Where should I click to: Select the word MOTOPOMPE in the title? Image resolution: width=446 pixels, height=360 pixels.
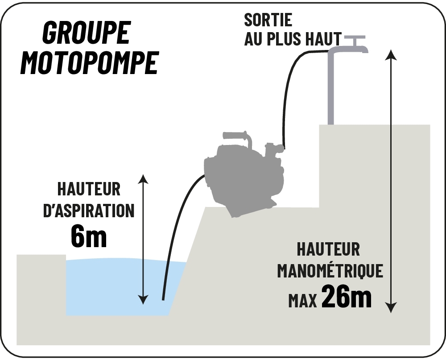(89, 63)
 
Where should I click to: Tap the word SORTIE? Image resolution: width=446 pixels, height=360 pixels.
(268, 20)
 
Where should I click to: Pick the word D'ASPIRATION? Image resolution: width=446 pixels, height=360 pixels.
(89, 211)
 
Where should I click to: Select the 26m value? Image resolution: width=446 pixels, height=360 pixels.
(347, 297)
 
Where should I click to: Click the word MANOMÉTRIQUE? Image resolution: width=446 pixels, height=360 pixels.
(330, 271)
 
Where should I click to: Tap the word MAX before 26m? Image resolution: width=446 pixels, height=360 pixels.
(302, 301)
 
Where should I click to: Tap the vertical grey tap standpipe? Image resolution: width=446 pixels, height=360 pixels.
(330, 88)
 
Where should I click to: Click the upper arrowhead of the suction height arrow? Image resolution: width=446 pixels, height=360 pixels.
(143, 179)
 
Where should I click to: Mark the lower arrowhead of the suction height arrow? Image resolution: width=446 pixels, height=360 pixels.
(143, 300)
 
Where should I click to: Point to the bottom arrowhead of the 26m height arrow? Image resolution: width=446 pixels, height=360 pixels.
(392, 308)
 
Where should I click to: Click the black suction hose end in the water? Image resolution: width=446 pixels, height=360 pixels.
(163, 298)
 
